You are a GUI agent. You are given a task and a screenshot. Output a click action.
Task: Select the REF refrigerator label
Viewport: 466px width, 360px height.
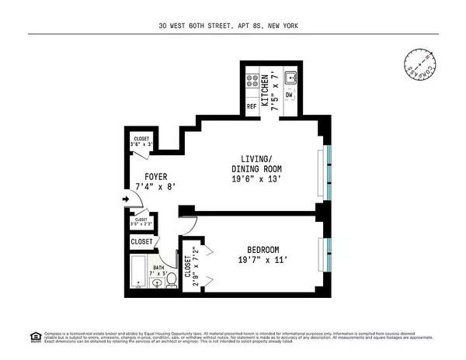[252, 106]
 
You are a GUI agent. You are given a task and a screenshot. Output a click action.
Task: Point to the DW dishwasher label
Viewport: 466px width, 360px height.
[290, 95]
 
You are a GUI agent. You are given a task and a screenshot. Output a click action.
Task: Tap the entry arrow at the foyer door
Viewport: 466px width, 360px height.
[127, 199]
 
